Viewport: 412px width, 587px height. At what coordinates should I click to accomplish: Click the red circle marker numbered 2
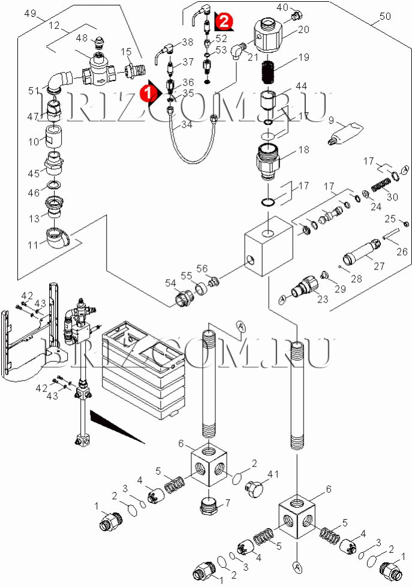pyautogui.click(x=223, y=22)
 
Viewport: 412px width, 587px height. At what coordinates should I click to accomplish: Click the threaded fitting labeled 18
pyautogui.click(x=269, y=160)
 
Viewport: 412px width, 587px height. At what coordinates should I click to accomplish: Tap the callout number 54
pyautogui.click(x=170, y=283)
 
